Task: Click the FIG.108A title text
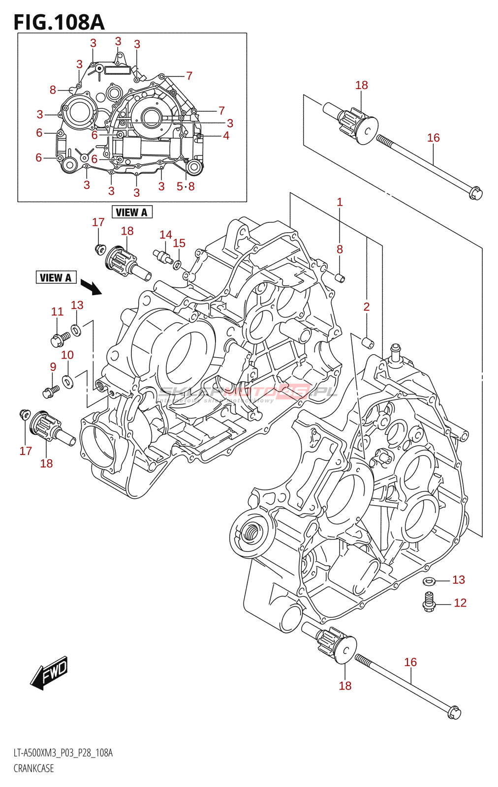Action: click(59, 22)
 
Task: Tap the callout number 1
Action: click(340, 202)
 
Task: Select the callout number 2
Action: click(366, 307)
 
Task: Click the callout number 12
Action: click(460, 603)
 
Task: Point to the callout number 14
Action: click(166, 235)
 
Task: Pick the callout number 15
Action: click(179, 243)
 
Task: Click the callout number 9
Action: click(53, 366)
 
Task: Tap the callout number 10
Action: click(67, 355)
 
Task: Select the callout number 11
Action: click(58, 311)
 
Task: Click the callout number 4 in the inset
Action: click(226, 135)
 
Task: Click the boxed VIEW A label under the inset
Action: click(132, 212)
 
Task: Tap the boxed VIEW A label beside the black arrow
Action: click(56, 277)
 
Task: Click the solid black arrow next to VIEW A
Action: click(91, 287)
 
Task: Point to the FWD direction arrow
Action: click(49, 672)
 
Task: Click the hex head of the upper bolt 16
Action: click(476, 193)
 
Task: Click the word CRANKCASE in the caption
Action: click(33, 768)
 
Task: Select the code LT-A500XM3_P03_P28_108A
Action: click(63, 753)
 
